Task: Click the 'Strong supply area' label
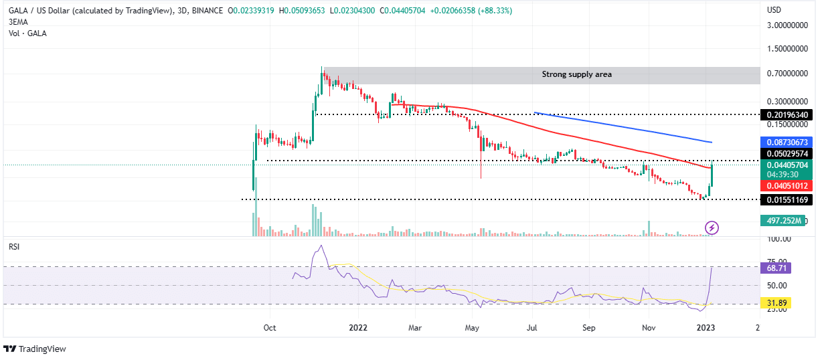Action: tap(576, 74)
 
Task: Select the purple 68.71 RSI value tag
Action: tap(778, 267)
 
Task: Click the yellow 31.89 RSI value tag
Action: tap(778, 303)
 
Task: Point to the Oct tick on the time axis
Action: tap(270, 328)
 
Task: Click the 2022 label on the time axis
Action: tap(358, 328)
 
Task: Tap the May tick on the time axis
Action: tap(473, 328)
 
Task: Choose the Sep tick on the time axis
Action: tap(588, 328)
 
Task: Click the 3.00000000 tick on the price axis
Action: tap(787, 25)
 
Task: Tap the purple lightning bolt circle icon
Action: tap(712, 228)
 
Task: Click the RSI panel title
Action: tap(13, 246)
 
